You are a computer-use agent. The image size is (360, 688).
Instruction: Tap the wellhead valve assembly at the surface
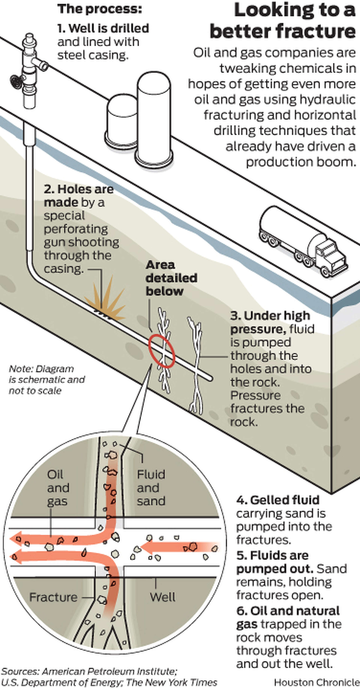pyautogui.click(x=29, y=71)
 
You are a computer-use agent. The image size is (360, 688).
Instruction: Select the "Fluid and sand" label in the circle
pyautogui.click(x=151, y=488)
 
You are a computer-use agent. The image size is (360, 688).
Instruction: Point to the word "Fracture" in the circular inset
pyautogui.click(x=53, y=597)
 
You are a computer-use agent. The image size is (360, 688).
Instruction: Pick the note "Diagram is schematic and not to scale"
pyautogui.click(x=47, y=380)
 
